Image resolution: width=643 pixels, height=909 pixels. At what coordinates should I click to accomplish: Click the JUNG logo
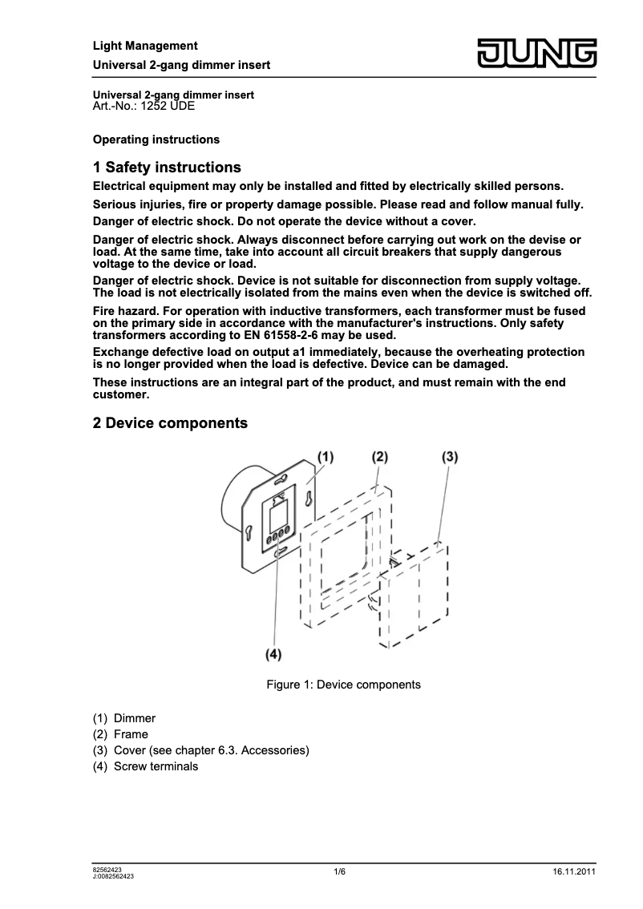pyautogui.click(x=537, y=54)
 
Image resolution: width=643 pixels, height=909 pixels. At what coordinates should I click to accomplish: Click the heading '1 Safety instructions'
pyautogui.click(x=167, y=168)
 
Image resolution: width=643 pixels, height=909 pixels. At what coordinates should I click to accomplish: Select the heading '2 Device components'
pyautogui.click(x=170, y=423)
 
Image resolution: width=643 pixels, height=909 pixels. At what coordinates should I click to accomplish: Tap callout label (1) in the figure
pyautogui.click(x=324, y=457)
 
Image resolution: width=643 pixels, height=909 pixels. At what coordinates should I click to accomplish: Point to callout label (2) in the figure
pyautogui.click(x=379, y=457)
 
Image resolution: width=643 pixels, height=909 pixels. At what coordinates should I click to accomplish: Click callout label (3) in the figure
pyautogui.click(x=450, y=457)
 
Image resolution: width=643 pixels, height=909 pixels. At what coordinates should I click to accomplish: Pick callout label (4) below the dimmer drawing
pyautogui.click(x=273, y=655)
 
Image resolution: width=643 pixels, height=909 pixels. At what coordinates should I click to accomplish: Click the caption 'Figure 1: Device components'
pyautogui.click(x=343, y=685)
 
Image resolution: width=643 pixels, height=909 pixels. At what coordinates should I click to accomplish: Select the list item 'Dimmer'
pyautogui.click(x=135, y=718)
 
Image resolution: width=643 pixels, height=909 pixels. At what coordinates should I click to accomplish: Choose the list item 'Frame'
pyautogui.click(x=131, y=734)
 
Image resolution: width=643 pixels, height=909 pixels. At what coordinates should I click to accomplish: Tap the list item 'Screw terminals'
pyautogui.click(x=156, y=766)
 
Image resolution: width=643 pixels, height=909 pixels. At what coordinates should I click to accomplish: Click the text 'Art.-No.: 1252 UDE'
pyautogui.click(x=144, y=106)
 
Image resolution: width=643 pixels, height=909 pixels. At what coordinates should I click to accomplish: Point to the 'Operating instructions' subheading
pyautogui.click(x=156, y=139)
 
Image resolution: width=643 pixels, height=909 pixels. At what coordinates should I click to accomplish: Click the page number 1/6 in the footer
pyautogui.click(x=340, y=872)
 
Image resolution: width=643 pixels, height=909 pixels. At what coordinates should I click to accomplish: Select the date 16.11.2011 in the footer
pyautogui.click(x=574, y=872)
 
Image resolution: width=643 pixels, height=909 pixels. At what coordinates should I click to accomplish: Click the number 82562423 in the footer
pyautogui.click(x=108, y=869)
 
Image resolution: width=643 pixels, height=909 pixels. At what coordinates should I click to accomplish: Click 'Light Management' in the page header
pyautogui.click(x=145, y=46)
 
